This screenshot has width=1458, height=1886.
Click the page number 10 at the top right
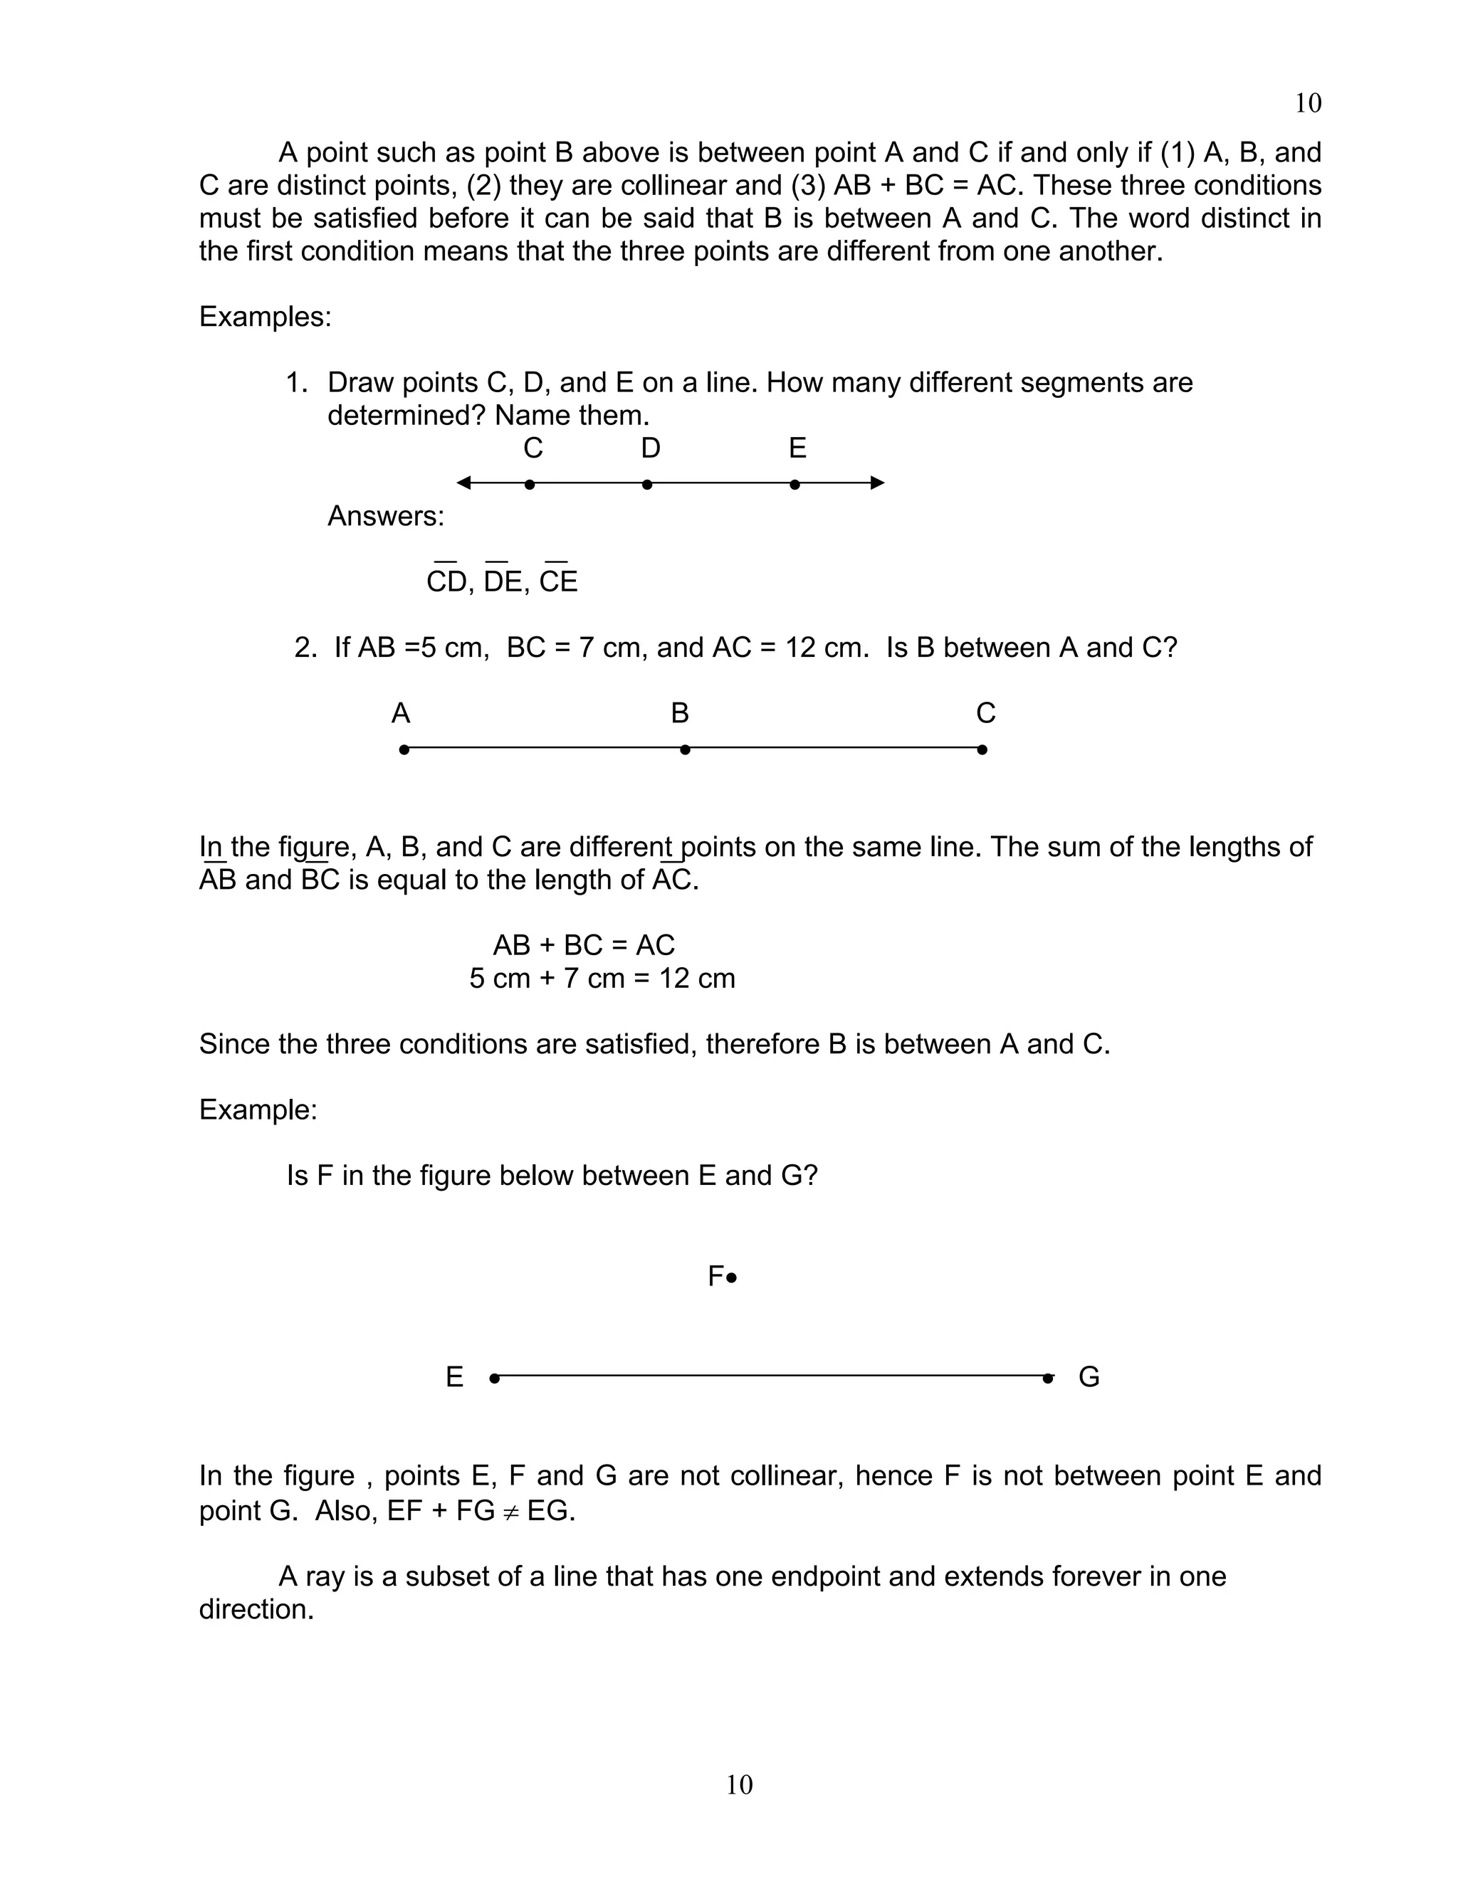tap(1308, 104)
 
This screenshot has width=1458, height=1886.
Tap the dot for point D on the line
tap(647, 485)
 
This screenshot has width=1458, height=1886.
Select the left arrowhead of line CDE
tap(464, 483)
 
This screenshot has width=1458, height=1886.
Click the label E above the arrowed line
tap(797, 448)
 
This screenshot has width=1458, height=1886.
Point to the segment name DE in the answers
tap(503, 582)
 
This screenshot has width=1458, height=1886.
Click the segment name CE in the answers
tap(558, 582)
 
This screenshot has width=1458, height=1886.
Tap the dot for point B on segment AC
tap(685, 749)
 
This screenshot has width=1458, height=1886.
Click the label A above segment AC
tap(401, 713)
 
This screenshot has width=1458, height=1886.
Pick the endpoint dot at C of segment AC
tap(982, 749)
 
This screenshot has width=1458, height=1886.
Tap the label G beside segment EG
tap(1089, 1377)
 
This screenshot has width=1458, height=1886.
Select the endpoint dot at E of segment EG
tap(494, 1379)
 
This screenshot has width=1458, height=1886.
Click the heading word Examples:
tap(265, 317)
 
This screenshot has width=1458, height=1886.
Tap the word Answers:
tap(385, 517)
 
